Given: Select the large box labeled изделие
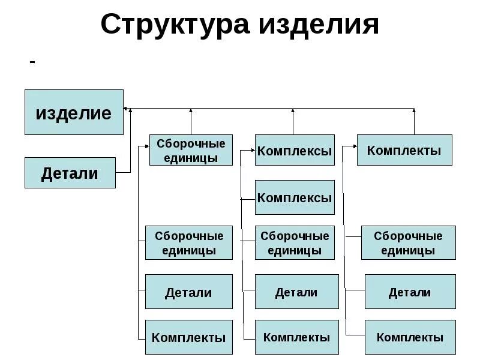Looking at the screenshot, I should click(74, 112).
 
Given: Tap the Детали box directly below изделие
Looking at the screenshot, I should click(70, 173).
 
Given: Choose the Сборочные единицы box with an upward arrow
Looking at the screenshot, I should click(191, 150).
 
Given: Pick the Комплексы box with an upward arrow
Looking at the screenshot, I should click(294, 150).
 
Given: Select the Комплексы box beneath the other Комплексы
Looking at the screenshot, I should click(294, 197).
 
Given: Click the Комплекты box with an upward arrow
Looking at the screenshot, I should click(404, 150).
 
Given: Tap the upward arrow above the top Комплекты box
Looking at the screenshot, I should click(414, 111).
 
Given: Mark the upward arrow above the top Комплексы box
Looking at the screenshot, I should click(293, 111).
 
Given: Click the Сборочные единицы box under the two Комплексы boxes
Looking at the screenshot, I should click(294, 242).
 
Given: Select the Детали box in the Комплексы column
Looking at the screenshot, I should click(296, 292).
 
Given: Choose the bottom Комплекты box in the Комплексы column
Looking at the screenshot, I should click(296, 337).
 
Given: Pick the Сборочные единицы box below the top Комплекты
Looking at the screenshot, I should click(408, 242).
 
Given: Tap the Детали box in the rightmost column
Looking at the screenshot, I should click(410, 292).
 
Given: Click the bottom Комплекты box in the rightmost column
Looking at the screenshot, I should click(410, 337).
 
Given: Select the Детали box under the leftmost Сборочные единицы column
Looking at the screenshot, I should click(188, 292).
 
